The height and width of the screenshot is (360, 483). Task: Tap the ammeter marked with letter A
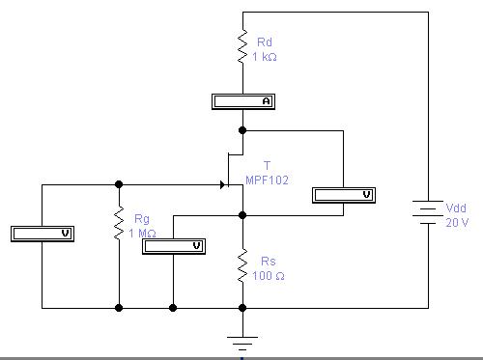tap(242, 100)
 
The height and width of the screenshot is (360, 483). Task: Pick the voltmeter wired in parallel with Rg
tap(42, 233)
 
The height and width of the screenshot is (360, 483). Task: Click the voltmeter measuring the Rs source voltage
tap(173, 245)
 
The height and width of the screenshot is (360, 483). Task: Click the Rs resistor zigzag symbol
tap(242, 265)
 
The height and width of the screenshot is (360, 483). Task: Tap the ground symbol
tap(242, 341)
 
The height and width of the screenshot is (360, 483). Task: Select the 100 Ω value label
tap(269, 277)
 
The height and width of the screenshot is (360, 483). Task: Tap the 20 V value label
tap(457, 222)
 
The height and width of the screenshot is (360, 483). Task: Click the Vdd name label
tap(456, 208)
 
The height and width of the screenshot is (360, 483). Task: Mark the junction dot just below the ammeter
tap(242, 129)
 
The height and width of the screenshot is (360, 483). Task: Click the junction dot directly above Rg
tap(119, 183)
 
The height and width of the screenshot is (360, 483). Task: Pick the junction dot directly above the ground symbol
tap(242, 308)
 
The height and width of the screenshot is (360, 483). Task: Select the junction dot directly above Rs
tap(242, 215)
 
